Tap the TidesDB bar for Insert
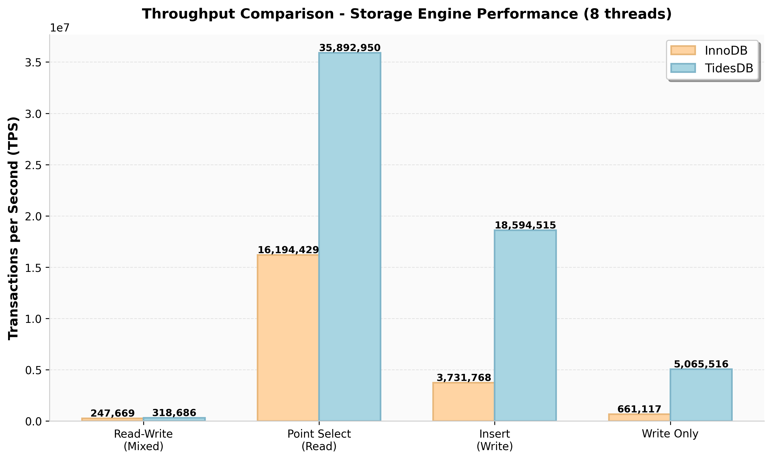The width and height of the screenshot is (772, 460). [525, 325]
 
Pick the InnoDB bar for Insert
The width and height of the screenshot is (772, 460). [464, 402]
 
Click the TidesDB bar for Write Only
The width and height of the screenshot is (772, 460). [701, 395]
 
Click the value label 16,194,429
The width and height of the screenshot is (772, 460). [288, 250]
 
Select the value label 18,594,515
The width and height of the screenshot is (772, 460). [525, 225]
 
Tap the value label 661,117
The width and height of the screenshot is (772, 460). [639, 409]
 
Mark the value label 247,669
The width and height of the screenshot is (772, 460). [113, 413]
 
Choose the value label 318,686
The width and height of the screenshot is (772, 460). [174, 413]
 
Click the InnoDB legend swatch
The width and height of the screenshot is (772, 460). [683, 50]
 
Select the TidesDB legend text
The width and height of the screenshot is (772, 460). [729, 68]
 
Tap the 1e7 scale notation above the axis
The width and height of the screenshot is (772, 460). [60, 28]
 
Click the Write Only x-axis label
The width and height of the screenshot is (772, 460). [670, 434]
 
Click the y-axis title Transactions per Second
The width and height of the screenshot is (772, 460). [13, 228]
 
